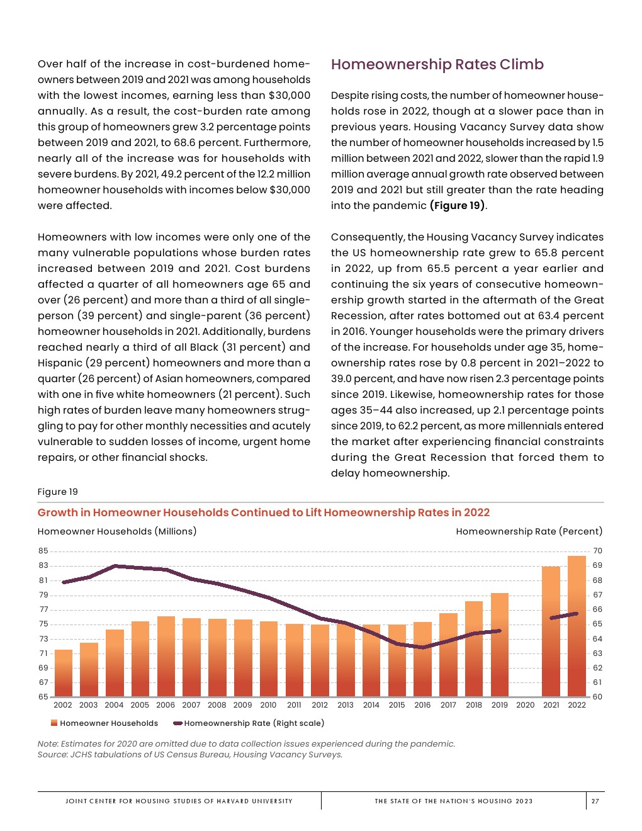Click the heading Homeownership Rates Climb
437,65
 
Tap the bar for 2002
64,673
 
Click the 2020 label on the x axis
525,705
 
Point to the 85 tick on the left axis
43,551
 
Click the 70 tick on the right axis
597,551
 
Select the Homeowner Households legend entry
104,723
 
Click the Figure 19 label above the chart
58,492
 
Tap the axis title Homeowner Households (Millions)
117,531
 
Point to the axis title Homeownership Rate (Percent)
529,531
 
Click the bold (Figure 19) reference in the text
457,206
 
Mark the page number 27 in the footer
595,801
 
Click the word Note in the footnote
47,744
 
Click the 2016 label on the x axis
422,705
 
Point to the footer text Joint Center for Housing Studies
179,801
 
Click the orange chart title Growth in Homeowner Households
263,512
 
